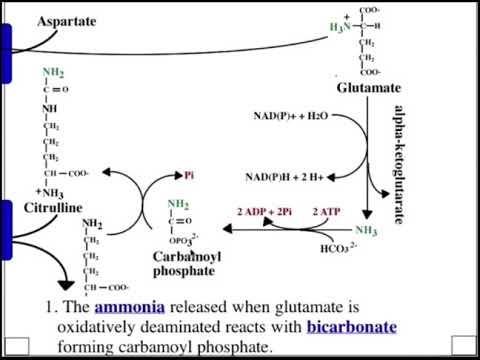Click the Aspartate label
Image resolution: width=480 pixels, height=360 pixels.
pos(67,21)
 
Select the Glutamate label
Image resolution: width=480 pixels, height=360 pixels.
pos(368,89)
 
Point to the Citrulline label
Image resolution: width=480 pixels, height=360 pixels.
pos(52,207)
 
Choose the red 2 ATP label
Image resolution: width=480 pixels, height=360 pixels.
pos(327,212)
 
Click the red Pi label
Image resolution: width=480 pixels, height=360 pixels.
pos(189,174)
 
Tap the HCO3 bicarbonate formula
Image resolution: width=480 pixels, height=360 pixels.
pos(337,247)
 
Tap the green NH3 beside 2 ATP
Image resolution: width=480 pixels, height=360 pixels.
pos(366,231)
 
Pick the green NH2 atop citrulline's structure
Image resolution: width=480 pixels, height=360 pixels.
pos(52,72)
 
